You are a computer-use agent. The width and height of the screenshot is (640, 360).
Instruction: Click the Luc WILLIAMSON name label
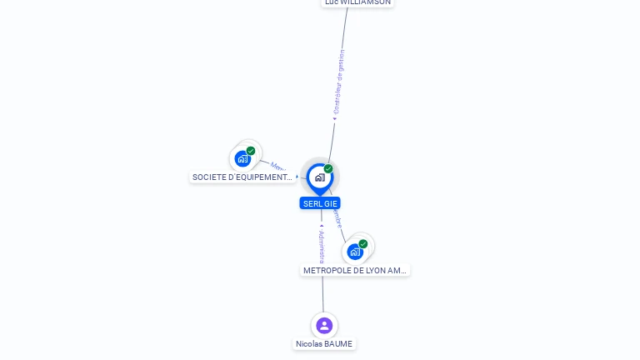point(357,2)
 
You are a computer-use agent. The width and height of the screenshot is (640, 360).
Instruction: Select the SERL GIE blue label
point(320,203)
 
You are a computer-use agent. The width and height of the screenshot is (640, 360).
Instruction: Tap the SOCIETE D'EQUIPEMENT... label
point(242,177)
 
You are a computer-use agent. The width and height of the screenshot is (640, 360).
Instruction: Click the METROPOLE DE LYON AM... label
point(355,271)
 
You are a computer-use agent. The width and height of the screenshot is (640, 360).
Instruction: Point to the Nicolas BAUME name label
point(324,344)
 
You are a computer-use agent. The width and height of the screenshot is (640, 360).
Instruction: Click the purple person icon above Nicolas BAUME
point(324,325)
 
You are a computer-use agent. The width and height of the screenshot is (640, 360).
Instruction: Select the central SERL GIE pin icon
point(319,177)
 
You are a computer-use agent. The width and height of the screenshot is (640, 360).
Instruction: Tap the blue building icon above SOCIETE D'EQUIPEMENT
point(242,158)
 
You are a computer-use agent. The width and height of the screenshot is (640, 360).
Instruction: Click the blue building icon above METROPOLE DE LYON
point(355,252)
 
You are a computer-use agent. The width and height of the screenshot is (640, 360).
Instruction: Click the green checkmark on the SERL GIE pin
point(328,169)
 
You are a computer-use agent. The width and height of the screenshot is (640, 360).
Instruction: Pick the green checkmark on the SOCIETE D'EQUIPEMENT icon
point(251,151)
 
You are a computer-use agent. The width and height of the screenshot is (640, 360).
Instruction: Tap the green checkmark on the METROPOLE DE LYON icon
point(363,244)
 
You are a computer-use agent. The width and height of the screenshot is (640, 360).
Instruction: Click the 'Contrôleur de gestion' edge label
point(338,81)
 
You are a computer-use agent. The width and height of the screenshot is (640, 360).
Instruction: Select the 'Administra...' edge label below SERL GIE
point(322,246)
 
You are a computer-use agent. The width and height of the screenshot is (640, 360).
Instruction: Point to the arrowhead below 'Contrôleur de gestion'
point(334,118)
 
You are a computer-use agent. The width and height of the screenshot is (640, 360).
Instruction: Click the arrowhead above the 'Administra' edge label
point(322,225)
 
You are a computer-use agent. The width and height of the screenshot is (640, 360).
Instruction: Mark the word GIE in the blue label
point(332,203)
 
